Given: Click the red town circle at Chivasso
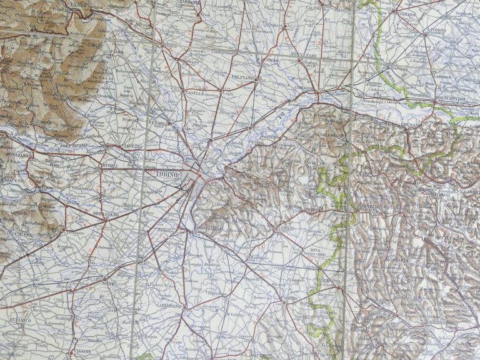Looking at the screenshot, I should coord(317,93).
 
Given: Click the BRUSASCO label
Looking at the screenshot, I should coord(424,126).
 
